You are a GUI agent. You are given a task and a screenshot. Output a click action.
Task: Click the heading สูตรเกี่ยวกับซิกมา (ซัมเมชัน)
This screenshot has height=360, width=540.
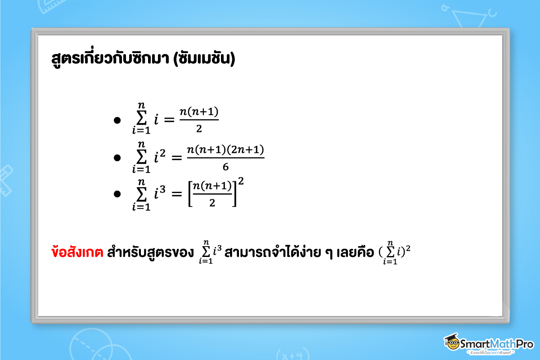click(x=144, y=60)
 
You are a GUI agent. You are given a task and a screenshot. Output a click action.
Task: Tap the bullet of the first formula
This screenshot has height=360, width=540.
click(x=117, y=121)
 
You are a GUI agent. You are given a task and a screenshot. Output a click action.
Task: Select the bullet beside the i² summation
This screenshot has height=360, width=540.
click(x=117, y=157)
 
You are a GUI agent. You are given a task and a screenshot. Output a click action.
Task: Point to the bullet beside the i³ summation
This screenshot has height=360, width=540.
click(x=117, y=194)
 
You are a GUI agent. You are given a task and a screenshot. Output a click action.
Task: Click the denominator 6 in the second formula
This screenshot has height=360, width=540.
click(x=225, y=167)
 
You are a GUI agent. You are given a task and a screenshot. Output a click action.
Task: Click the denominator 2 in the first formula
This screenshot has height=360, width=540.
click(x=199, y=130)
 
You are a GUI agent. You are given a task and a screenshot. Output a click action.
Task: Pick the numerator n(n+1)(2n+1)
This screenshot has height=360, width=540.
click(x=225, y=149)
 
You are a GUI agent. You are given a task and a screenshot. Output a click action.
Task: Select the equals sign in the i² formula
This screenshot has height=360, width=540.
click(x=175, y=157)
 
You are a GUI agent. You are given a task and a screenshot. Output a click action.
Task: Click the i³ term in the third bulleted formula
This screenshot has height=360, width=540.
click(x=159, y=193)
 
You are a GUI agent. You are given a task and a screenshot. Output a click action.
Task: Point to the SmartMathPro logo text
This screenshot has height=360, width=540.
click(x=496, y=344)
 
